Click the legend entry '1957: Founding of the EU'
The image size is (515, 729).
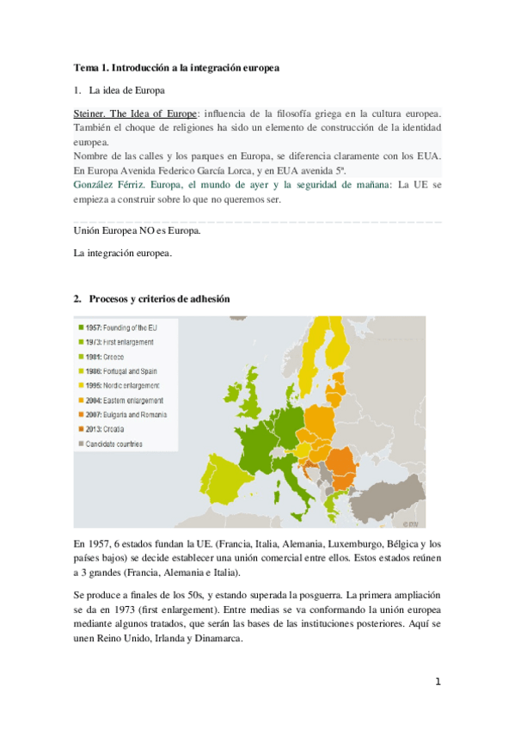(119, 328)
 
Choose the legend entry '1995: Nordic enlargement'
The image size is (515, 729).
(120, 386)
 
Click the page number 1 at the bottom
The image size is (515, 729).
(438, 682)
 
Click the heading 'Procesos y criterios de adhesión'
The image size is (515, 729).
(158, 298)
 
